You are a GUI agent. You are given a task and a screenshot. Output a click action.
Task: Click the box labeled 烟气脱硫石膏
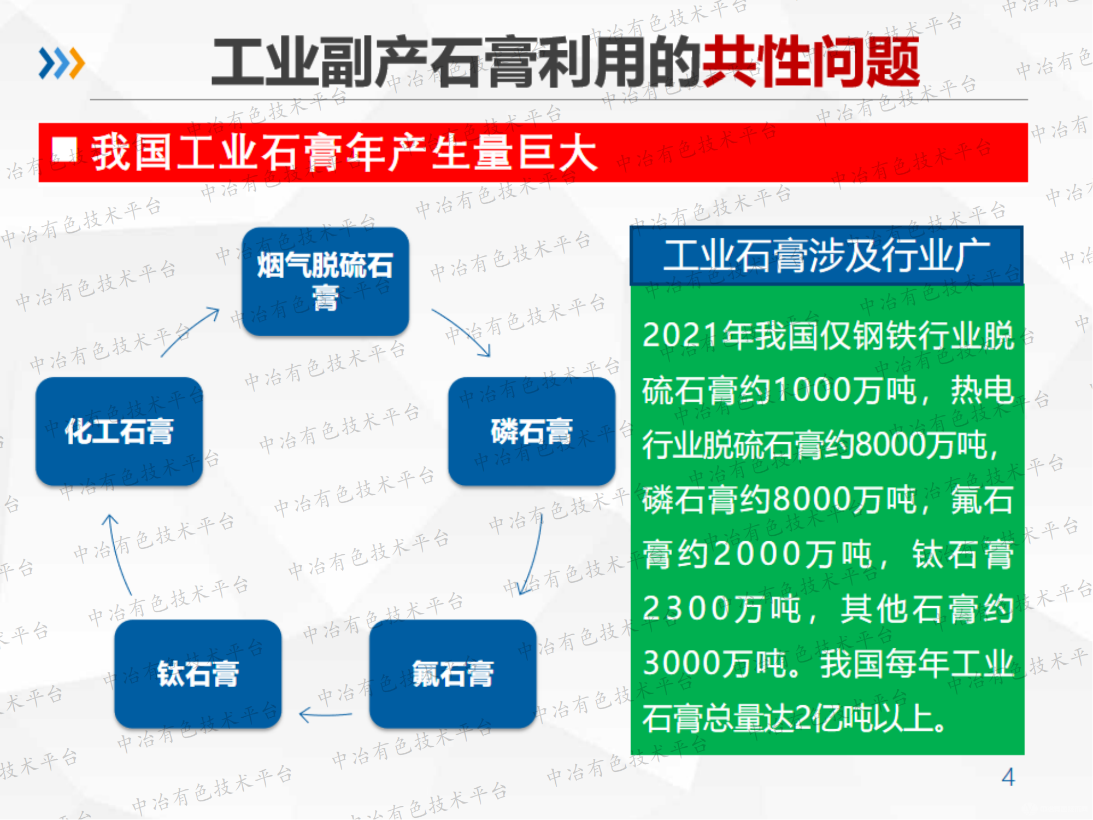click(x=325, y=282)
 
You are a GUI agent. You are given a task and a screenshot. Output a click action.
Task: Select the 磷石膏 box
click(x=531, y=431)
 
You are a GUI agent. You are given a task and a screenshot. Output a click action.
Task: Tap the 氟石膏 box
click(x=453, y=673)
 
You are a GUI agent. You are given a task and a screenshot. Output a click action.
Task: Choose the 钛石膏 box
click(x=198, y=673)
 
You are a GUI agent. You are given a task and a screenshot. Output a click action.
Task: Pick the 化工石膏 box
click(x=119, y=431)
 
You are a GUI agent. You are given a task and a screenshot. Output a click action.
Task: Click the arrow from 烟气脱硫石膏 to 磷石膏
click(x=462, y=332)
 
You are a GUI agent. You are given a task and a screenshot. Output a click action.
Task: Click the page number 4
click(x=1008, y=777)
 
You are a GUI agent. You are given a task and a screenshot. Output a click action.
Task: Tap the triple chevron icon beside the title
click(x=61, y=63)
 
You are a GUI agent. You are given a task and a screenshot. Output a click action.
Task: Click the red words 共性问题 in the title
click(x=810, y=61)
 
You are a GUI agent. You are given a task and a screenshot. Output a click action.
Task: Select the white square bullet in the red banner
click(x=64, y=150)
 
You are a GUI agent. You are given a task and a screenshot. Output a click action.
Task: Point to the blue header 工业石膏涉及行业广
click(x=826, y=255)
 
